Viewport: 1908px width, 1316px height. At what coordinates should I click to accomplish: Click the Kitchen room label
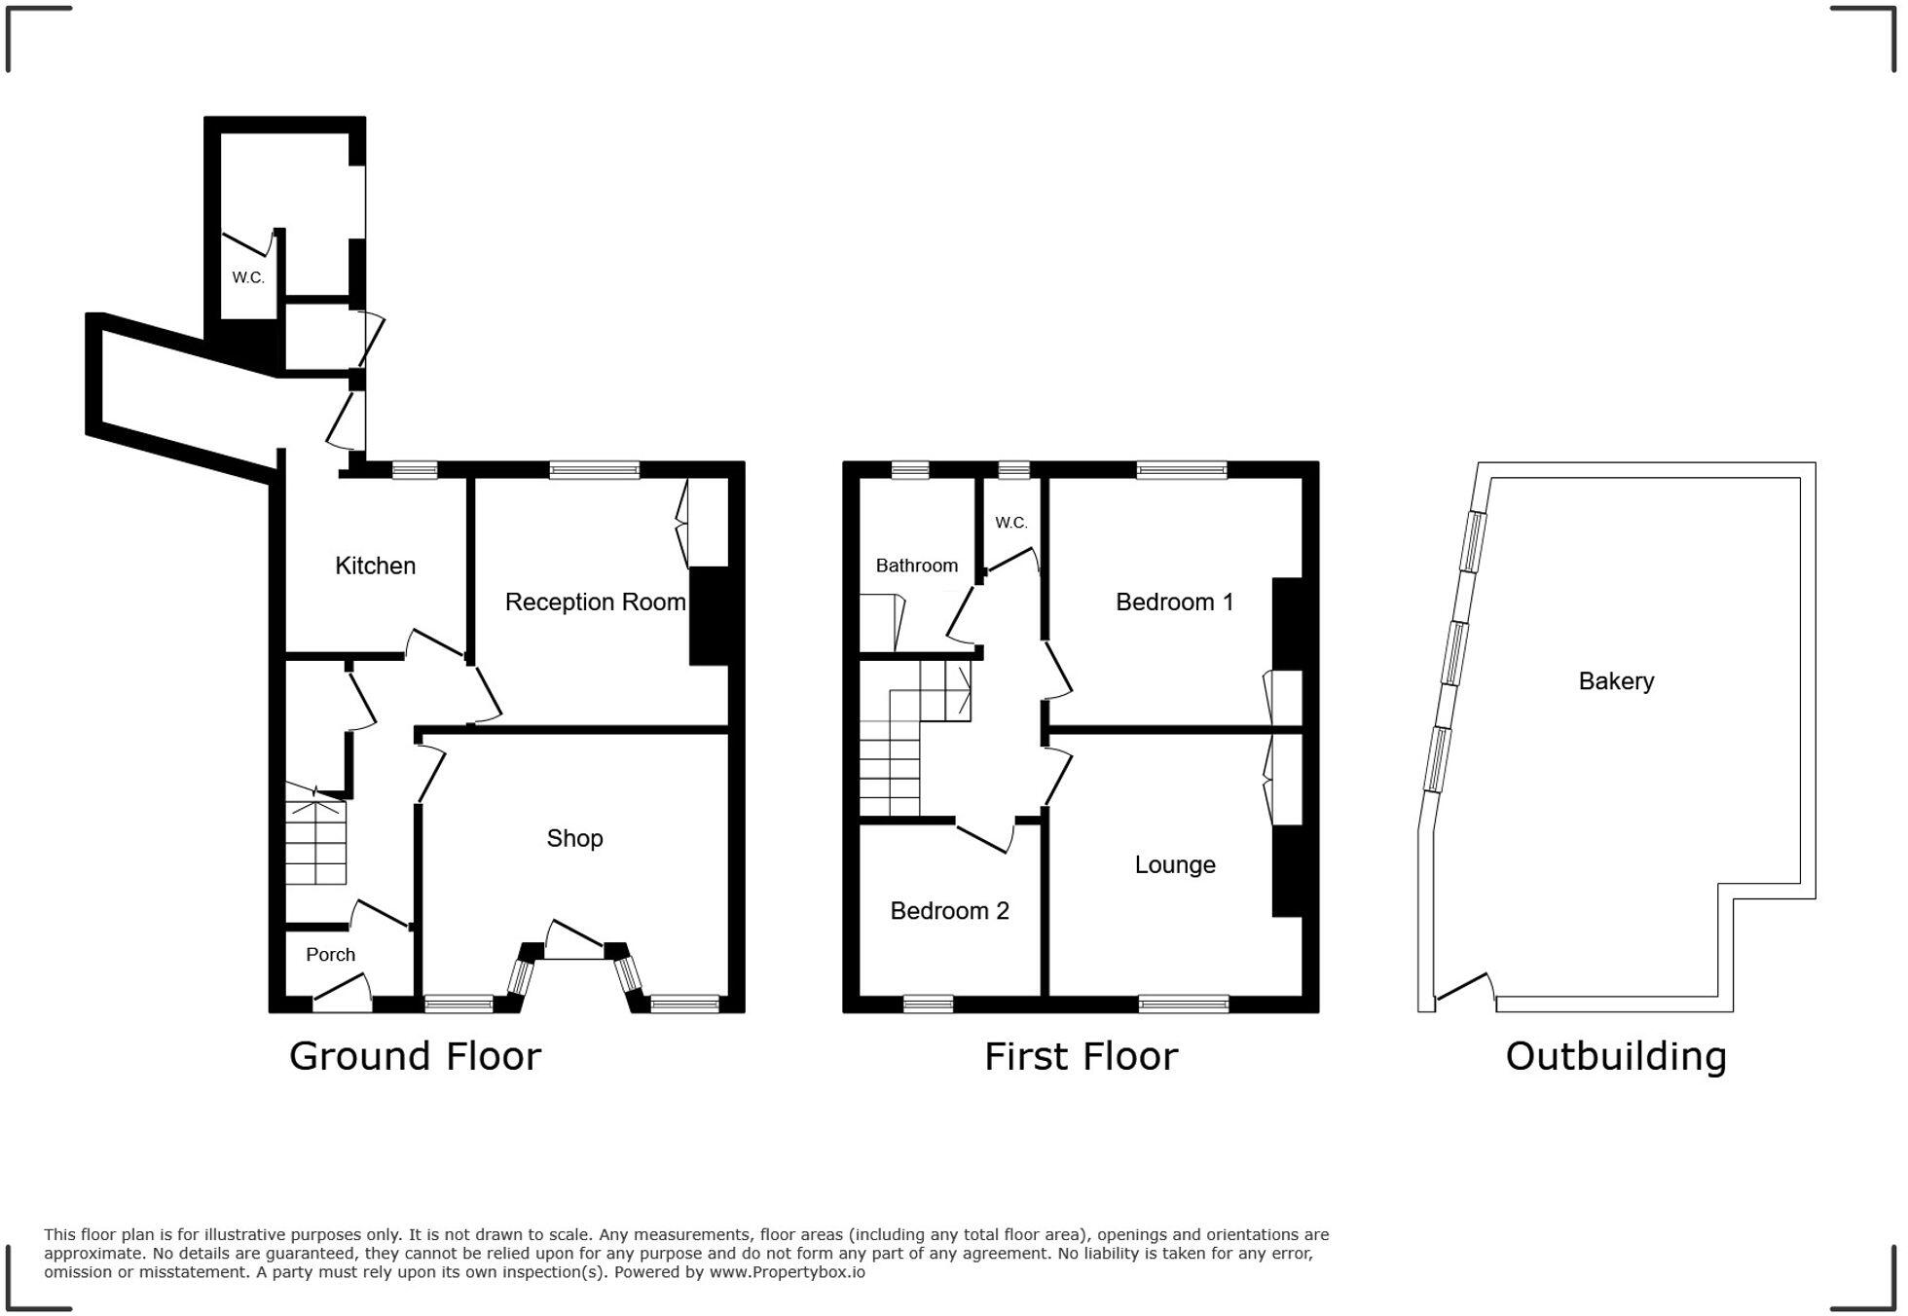pyautogui.click(x=375, y=566)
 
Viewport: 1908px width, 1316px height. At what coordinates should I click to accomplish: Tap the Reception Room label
pyautogui.click(x=595, y=603)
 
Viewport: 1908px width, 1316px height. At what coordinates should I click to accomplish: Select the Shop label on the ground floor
pyautogui.click(x=574, y=838)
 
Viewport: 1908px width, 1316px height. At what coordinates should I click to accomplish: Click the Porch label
pyautogui.click(x=330, y=955)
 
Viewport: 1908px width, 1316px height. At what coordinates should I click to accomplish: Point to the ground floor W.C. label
pyautogui.click(x=247, y=277)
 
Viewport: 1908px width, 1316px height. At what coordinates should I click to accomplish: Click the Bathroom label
pyautogui.click(x=916, y=566)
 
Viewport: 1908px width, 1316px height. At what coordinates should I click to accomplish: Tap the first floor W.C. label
pyautogui.click(x=1010, y=523)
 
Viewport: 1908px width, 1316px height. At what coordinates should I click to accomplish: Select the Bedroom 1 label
pyautogui.click(x=1174, y=603)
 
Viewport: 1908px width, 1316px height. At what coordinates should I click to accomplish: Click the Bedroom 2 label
pyautogui.click(x=949, y=911)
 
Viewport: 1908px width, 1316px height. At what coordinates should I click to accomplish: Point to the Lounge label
pyautogui.click(x=1174, y=864)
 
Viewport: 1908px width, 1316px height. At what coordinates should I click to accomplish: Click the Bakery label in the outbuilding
pyautogui.click(x=1616, y=681)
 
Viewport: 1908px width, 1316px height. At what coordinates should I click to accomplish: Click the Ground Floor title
pyautogui.click(x=415, y=1056)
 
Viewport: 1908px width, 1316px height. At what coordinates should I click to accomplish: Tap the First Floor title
pyautogui.click(x=1081, y=1056)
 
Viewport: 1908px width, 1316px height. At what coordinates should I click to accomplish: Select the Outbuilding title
pyautogui.click(x=1616, y=1056)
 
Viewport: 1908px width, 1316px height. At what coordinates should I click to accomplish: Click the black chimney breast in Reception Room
pyautogui.click(x=710, y=616)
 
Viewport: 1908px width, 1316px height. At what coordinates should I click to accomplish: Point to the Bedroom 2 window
pyautogui.click(x=928, y=1004)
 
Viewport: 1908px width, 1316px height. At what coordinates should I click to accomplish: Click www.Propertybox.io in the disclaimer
pyautogui.click(x=787, y=1272)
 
